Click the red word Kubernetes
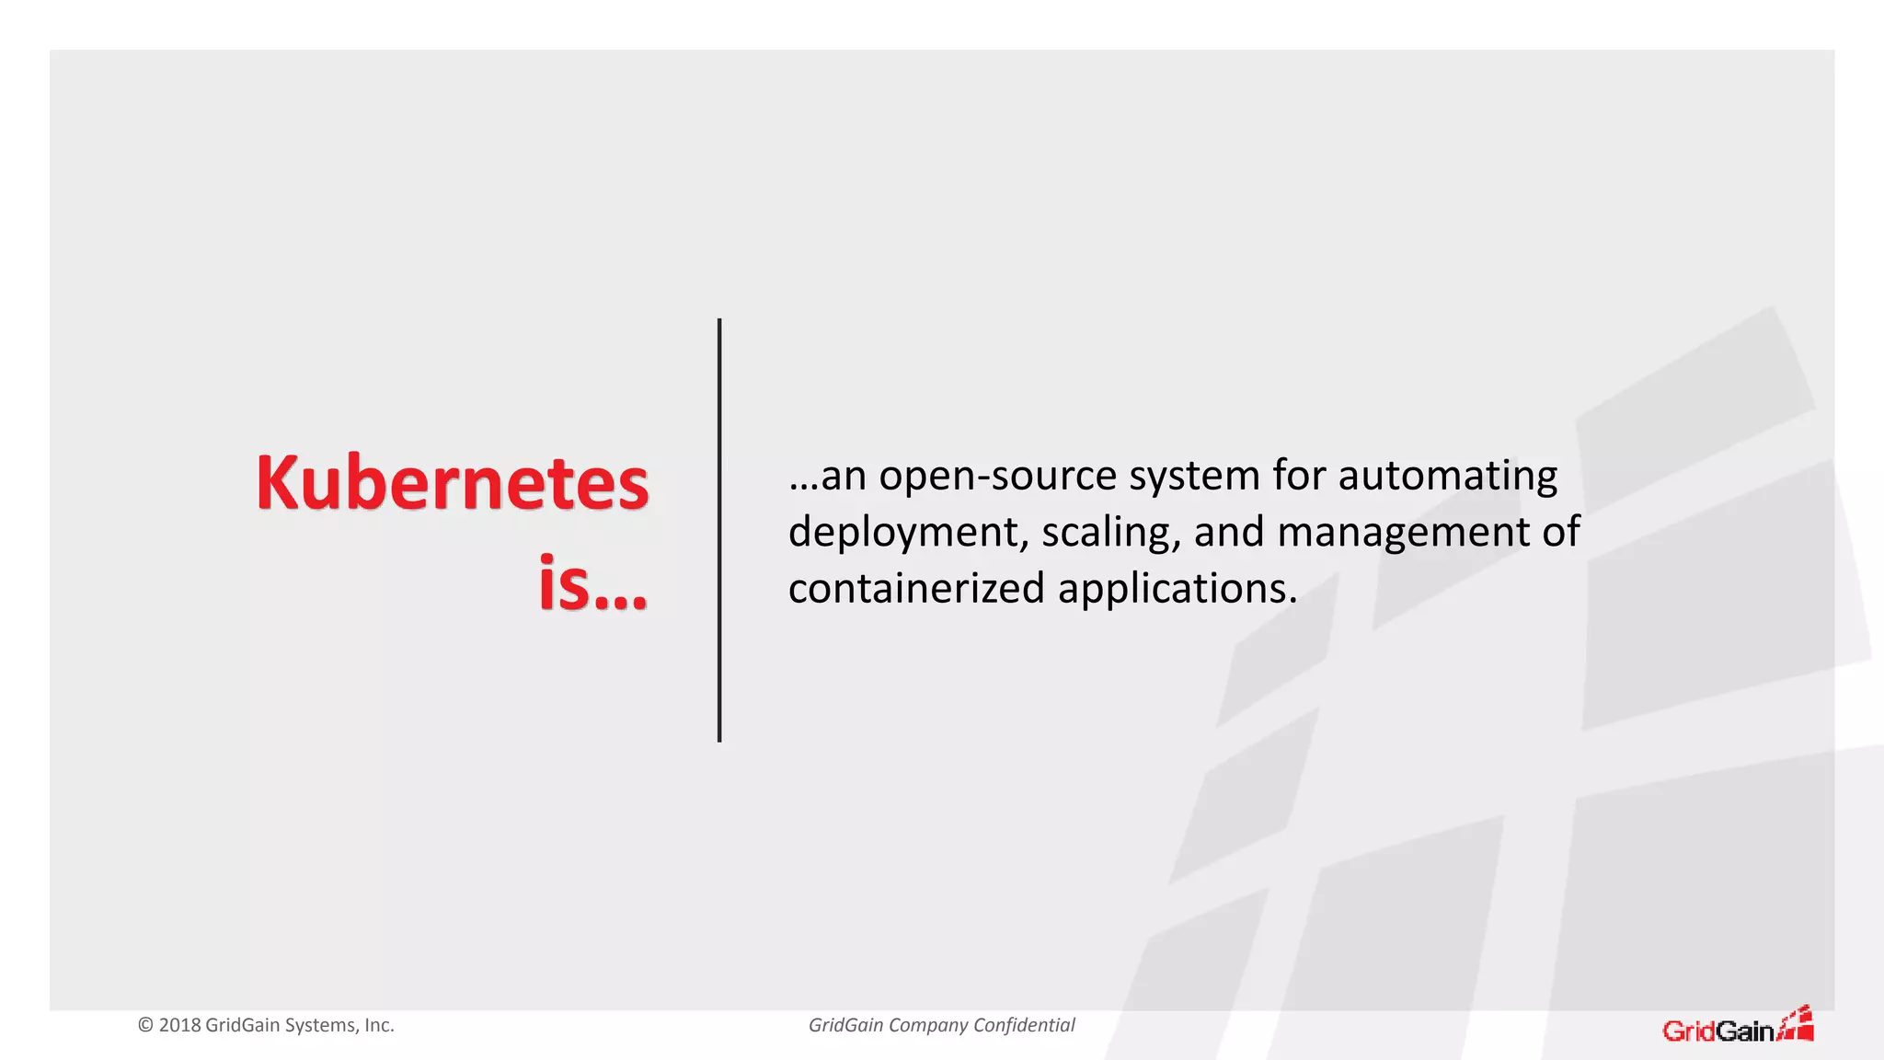point(452,483)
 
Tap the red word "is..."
point(593,582)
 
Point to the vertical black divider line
point(719,530)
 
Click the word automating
point(1447,477)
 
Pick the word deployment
point(907,533)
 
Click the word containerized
point(916,589)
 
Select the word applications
point(1177,589)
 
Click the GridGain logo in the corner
point(1737,1026)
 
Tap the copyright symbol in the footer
point(145,1025)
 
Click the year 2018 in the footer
point(179,1025)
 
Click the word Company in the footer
point(925,1025)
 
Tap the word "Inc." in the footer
point(379,1025)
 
